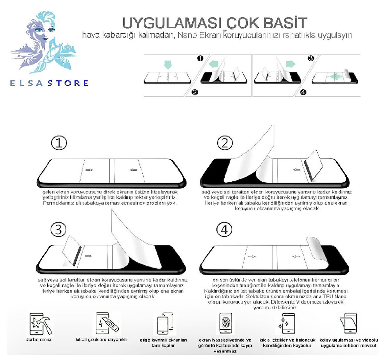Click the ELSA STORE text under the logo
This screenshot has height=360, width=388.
click(49, 83)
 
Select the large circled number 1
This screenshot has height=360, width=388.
click(59, 143)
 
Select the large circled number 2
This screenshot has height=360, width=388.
click(225, 143)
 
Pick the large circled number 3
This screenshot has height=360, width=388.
click(59, 229)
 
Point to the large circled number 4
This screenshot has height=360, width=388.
click(224, 229)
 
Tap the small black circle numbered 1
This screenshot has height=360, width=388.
click(200, 59)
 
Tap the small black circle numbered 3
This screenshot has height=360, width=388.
click(311, 59)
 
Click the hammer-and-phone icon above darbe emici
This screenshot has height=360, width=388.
click(39, 324)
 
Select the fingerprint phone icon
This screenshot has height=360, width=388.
click(226, 324)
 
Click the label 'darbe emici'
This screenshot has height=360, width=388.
click(39, 339)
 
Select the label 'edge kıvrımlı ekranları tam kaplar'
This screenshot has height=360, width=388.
click(163, 343)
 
